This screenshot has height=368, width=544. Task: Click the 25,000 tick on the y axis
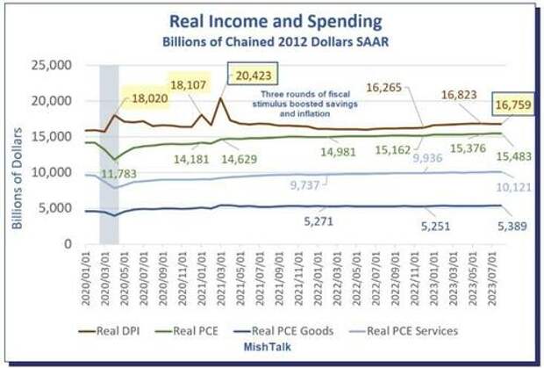point(50,65)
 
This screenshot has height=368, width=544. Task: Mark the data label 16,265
point(385,87)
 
